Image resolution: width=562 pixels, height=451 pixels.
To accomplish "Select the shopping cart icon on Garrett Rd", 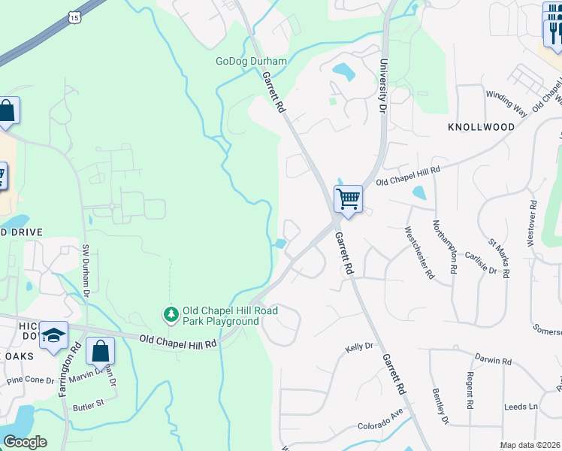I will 348,200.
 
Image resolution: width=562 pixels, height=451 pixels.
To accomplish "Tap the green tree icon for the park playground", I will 171,314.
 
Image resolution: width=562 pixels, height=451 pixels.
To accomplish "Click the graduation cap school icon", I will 54,337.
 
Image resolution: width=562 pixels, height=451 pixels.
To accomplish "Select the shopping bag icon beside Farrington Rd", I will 100,351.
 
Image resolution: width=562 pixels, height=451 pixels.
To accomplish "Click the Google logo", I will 25,442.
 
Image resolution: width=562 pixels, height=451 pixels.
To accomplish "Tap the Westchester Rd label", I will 419,253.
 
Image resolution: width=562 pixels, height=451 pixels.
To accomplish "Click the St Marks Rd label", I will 499,258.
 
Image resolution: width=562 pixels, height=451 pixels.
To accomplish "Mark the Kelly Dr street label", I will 359,347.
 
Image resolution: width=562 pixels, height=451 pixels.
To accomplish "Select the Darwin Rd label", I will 492,360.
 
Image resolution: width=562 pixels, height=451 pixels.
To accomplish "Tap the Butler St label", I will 88,407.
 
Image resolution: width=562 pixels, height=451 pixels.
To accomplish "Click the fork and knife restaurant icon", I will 554,30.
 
